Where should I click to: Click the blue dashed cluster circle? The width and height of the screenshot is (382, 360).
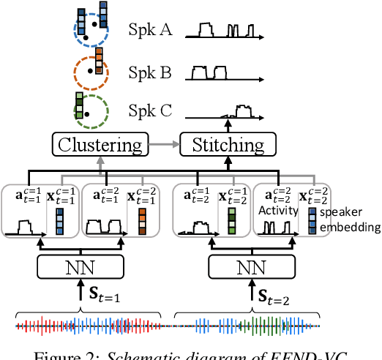pyautogui.click(x=90, y=33)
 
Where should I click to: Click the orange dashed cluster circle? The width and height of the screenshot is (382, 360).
pyautogui.click(x=90, y=72)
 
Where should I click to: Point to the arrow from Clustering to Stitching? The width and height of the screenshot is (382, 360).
pyautogui.click(x=164, y=144)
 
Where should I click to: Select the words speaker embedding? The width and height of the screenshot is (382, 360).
pyautogui.click(x=348, y=220)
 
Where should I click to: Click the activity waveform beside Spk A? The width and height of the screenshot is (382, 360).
pyautogui.click(x=222, y=31)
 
